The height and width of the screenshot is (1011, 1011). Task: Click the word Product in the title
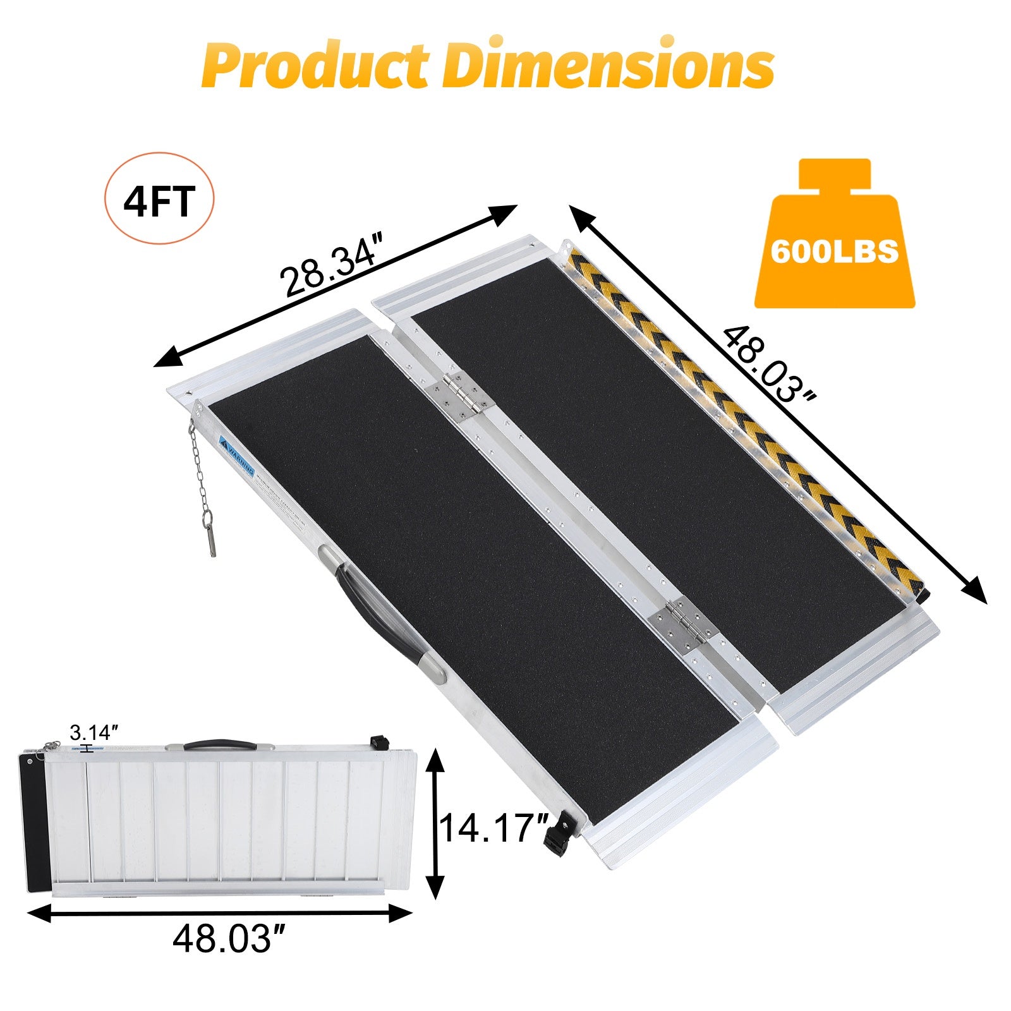[x=316, y=65]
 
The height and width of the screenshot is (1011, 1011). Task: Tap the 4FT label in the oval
[x=159, y=201]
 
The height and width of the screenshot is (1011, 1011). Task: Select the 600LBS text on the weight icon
[x=834, y=251]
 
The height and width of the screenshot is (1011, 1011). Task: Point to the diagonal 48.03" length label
[x=768, y=366]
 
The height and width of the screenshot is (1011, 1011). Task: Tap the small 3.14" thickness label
[x=94, y=733]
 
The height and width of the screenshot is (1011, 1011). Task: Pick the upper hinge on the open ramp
[x=461, y=396]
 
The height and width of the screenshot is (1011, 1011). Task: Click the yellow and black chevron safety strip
[x=746, y=417]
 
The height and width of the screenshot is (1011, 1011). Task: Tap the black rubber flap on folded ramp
[x=37, y=821]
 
